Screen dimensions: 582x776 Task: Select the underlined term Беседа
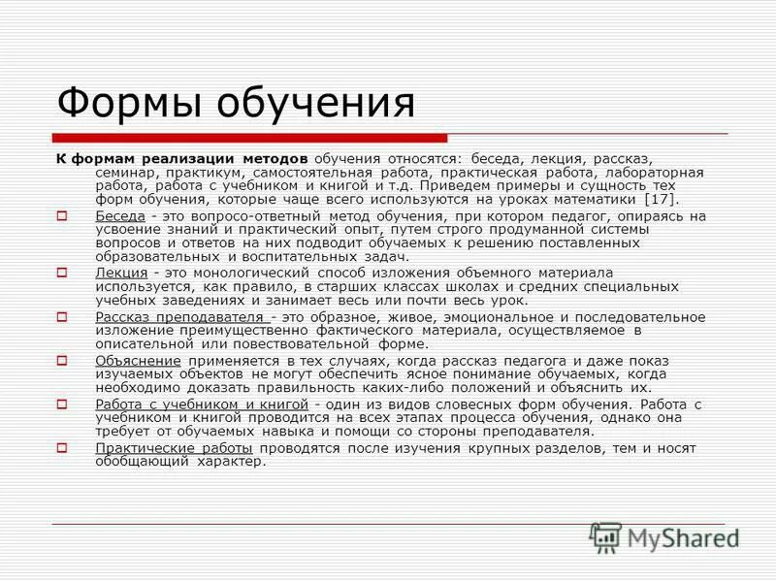(120, 214)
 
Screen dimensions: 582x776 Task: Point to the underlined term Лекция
(121, 274)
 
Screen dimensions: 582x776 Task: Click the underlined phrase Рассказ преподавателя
(179, 317)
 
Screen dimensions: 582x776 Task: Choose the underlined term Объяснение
(138, 360)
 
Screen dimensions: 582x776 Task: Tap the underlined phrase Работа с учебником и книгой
(202, 404)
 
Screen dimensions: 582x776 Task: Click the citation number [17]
(660, 198)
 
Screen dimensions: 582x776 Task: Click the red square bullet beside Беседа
(62, 214)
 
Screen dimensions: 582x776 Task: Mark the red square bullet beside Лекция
(62, 274)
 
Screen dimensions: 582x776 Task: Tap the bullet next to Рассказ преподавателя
(62, 317)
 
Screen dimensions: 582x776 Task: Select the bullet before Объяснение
(62, 360)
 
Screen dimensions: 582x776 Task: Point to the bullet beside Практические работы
(62, 447)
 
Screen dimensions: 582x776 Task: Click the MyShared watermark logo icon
(606, 536)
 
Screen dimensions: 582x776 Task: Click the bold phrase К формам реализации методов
(180, 157)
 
